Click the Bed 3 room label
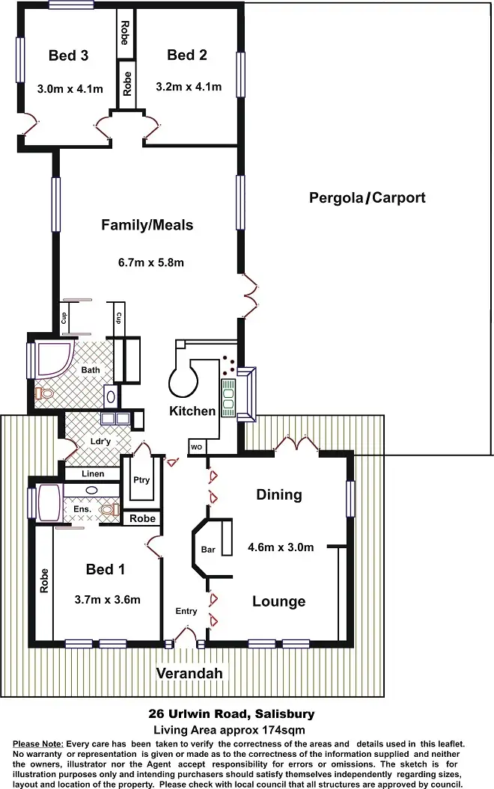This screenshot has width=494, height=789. (69, 55)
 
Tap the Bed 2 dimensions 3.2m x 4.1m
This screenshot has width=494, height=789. (189, 87)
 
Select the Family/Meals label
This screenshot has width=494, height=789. (147, 225)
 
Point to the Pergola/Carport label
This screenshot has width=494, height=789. (367, 198)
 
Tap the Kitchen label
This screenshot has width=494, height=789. (192, 411)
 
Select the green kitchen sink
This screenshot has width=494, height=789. (228, 396)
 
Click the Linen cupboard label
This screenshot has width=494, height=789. (94, 474)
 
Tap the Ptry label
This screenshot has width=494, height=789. (141, 480)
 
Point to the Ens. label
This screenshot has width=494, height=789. (82, 509)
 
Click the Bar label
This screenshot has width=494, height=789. (208, 550)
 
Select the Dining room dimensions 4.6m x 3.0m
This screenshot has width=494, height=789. (281, 547)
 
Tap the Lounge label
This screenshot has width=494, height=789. (278, 601)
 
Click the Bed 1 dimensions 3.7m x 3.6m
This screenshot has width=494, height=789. (108, 599)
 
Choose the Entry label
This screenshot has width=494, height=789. (186, 611)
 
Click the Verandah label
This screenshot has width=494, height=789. (189, 673)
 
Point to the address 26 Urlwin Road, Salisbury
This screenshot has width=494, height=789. (233, 714)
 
